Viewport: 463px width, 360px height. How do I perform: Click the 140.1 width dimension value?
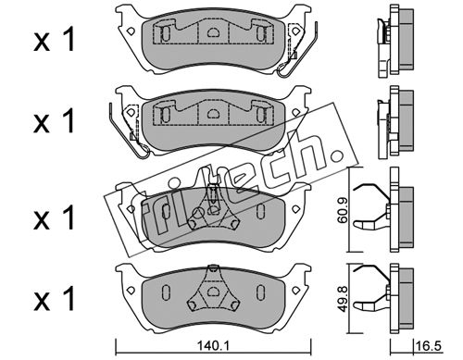(x=213, y=346)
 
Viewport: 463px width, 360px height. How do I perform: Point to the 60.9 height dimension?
(x=342, y=211)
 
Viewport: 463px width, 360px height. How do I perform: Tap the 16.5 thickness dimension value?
(x=429, y=346)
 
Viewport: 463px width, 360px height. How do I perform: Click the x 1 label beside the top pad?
(x=54, y=40)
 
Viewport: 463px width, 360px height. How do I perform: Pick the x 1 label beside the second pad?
(x=54, y=121)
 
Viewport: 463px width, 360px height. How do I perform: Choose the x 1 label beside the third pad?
(x=54, y=217)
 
